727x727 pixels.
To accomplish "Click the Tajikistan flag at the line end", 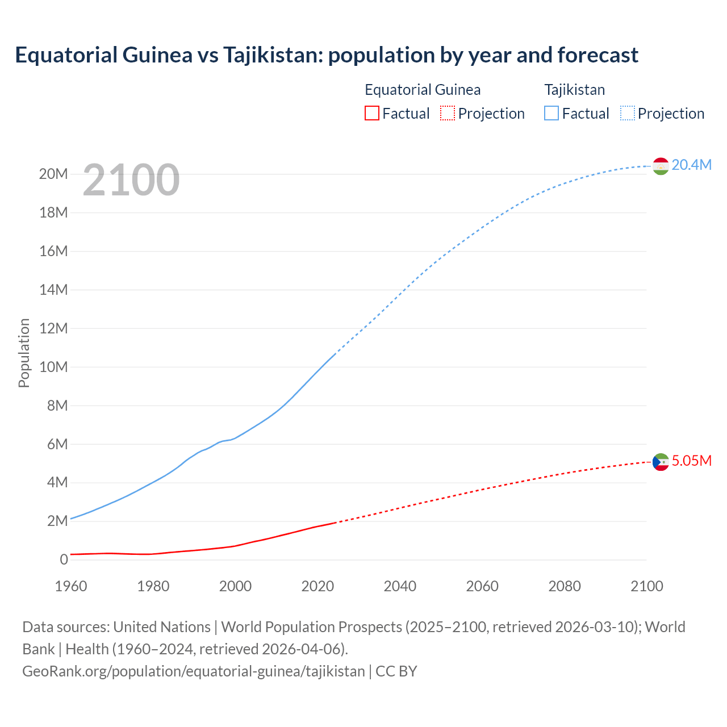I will (661, 166).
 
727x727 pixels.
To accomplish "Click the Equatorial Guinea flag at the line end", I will (661, 462).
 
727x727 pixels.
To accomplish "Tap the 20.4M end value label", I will (691, 165).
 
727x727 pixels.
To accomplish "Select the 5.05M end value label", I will (691, 461).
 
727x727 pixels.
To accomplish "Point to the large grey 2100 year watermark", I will (131, 180).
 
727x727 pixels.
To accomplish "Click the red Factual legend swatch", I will (371, 113).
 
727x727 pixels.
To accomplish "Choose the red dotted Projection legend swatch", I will (448, 113).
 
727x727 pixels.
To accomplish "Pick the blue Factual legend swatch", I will (551, 113).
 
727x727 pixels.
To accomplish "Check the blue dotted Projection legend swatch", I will (628, 113).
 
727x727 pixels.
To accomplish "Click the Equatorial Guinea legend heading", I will (423, 90).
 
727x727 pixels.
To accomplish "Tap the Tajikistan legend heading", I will (574, 90).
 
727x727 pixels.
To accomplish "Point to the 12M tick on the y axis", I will (53, 328).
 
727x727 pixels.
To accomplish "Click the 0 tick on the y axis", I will (64, 559).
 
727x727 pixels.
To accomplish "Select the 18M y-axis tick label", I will (53, 212).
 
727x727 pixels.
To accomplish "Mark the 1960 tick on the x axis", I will (71, 586).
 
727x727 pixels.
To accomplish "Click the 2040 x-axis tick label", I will (400, 586).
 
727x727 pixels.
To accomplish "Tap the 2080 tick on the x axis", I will (565, 586).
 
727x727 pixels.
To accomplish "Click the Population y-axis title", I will (24, 353).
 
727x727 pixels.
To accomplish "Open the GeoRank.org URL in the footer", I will (193, 671).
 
